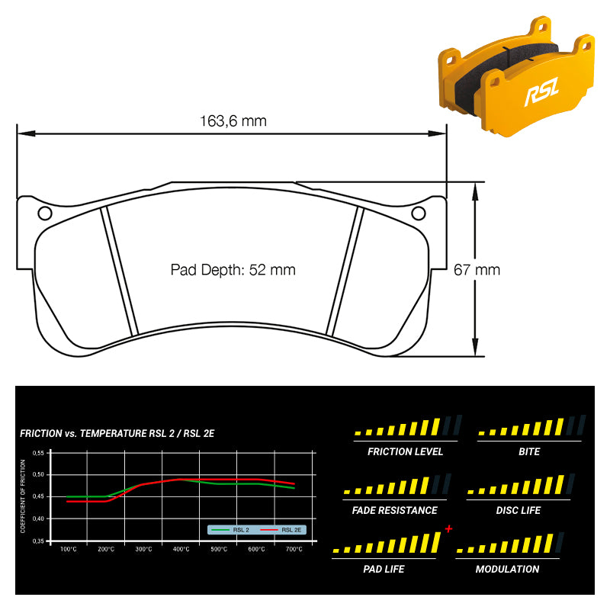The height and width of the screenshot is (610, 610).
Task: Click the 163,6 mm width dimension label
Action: [x=233, y=120]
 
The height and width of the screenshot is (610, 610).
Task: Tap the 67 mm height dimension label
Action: [x=477, y=269]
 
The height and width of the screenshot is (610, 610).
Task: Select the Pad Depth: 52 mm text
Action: [x=233, y=269]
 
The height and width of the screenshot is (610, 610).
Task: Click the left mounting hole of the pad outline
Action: [x=44, y=213]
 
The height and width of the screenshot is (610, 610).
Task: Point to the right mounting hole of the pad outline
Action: [x=418, y=213]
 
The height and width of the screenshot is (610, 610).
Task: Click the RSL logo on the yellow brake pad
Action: [x=541, y=95]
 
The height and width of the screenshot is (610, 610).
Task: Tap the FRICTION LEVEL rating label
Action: [x=405, y=451]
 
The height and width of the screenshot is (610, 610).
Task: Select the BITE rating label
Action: [x=528, y=451]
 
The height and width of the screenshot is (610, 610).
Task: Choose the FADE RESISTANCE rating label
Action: [x=395, y=510]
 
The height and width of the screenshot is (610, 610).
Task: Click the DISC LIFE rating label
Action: [x=518, y=510]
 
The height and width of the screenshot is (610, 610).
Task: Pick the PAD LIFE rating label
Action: [x=384, y=569]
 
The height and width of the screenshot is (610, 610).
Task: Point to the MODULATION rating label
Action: [x=507, y=569]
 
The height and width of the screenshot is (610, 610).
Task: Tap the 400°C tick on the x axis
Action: [x=181, y=549]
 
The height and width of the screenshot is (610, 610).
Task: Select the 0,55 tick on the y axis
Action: [x=38, y=452]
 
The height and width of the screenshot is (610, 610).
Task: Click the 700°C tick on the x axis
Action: [x=294, y=549]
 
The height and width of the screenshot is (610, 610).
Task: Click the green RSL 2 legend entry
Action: [x=233, y=529]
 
